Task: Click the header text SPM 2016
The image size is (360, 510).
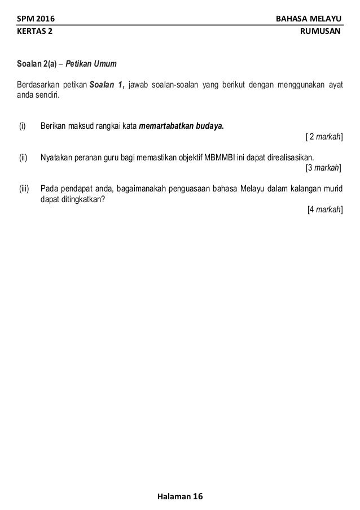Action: click(32, 20)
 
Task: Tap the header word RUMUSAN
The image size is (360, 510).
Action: click(322, 32)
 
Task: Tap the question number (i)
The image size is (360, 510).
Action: click(23, 125)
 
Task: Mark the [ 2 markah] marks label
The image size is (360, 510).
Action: click(323, 136)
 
